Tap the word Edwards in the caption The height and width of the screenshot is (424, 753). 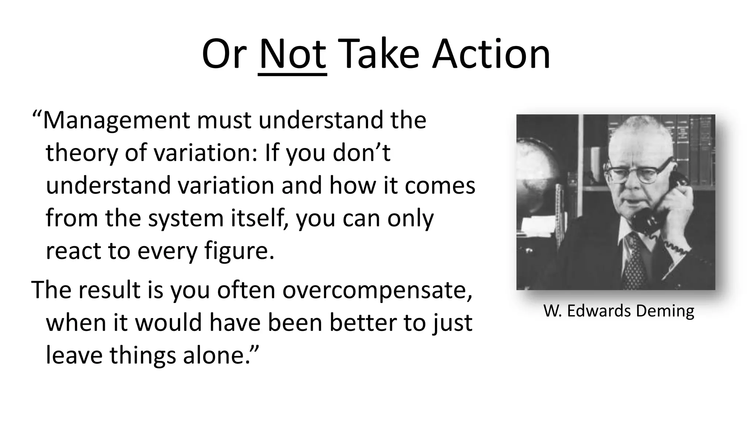[x=599, y=311]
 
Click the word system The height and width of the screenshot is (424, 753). [x=186, y=218]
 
